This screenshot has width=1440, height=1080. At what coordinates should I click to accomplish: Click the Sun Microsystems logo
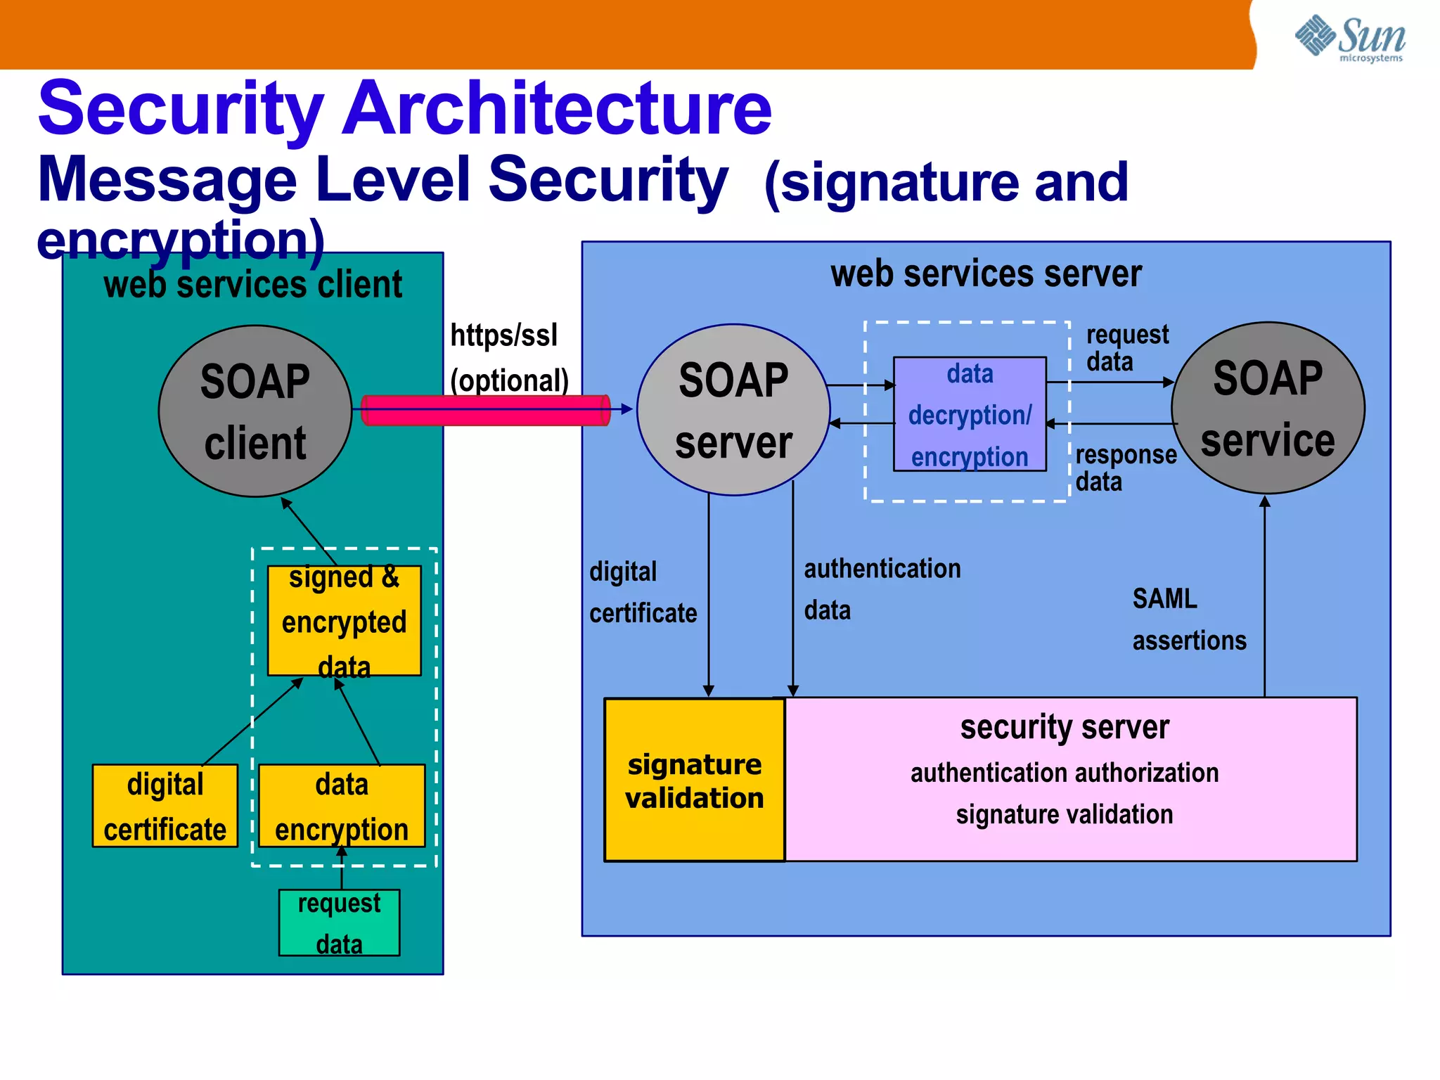[x=1350, y=38]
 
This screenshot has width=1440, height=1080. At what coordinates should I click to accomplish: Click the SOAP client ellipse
[x=255, y=411]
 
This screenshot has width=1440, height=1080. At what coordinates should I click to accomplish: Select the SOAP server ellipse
[x=733, y=411]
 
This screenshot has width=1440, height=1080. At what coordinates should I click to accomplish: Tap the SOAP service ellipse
[x=1267, y=409]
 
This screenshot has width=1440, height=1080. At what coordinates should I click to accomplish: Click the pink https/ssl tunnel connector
[x=485, y=410]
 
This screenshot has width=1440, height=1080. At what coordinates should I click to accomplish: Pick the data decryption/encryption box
[x=970, y=414]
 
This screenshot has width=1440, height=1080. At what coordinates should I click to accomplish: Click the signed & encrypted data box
[x=344, y=621]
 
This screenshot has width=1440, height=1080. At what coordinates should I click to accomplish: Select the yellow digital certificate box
[x=165, y=806]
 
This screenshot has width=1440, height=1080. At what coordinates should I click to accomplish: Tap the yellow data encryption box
[x=342, y=806]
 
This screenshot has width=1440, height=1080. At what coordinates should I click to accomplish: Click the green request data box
[x=339, y=922]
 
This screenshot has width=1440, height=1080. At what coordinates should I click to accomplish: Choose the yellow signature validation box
[x=694, y=780]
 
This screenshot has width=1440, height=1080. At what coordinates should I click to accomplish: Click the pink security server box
[x=1069, y=780]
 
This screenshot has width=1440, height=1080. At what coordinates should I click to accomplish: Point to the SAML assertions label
[x=1188, y=619]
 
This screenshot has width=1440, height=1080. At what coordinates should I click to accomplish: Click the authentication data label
[x=881, y=589]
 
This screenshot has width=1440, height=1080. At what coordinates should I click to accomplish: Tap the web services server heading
[x=986, y=274]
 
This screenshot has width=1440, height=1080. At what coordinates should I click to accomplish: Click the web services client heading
[x=252, y=285]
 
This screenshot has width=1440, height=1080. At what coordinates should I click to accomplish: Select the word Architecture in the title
[x=555, y=109]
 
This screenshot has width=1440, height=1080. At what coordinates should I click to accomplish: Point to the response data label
[x=1124, y=468]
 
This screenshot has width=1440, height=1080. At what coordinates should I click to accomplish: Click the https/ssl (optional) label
[x=508, y=357]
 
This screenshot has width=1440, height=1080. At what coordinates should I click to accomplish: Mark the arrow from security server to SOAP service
[x=1264, y=598]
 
